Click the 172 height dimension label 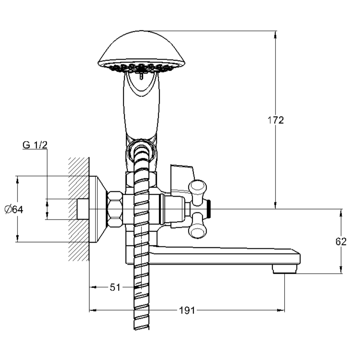point(276,120)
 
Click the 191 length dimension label point(187,310)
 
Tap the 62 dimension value point(341,241)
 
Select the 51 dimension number point(115,287)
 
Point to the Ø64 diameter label point(14,210)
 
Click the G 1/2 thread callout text point(35,145)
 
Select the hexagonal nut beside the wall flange point(115,209)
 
